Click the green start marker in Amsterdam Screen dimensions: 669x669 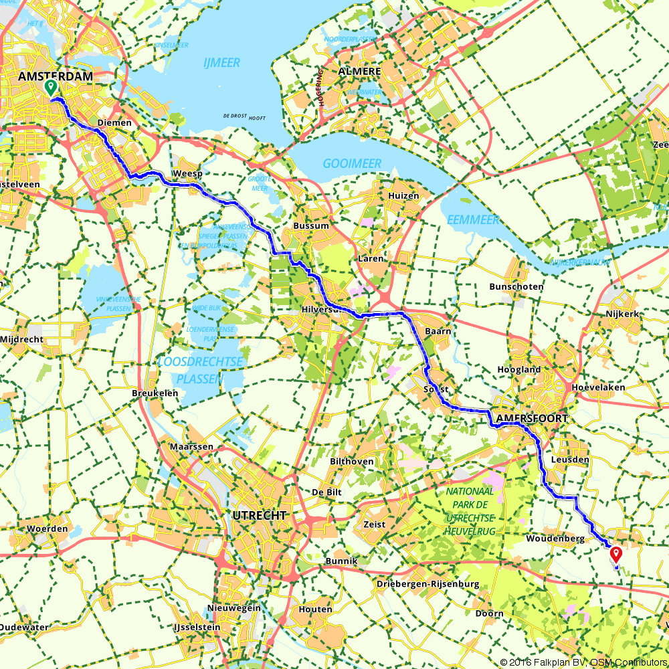[x=50, y=88]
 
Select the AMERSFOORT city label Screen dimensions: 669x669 [x=532, y=418]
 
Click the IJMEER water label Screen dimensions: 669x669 [x=221, y=63]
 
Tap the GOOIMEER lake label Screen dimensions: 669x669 [x=352, y=164]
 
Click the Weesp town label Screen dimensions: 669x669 [x=187, y=173]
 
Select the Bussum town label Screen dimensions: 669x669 [x=311, y=226]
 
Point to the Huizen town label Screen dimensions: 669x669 [x=403, y=196]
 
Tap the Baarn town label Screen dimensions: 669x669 [x=438, y=331]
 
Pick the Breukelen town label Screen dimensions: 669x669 [x=155, y=393]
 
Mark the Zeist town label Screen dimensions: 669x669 [x=375, y=524]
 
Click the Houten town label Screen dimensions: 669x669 [x=316, y=609]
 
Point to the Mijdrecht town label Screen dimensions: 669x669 [x=23, y=339]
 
